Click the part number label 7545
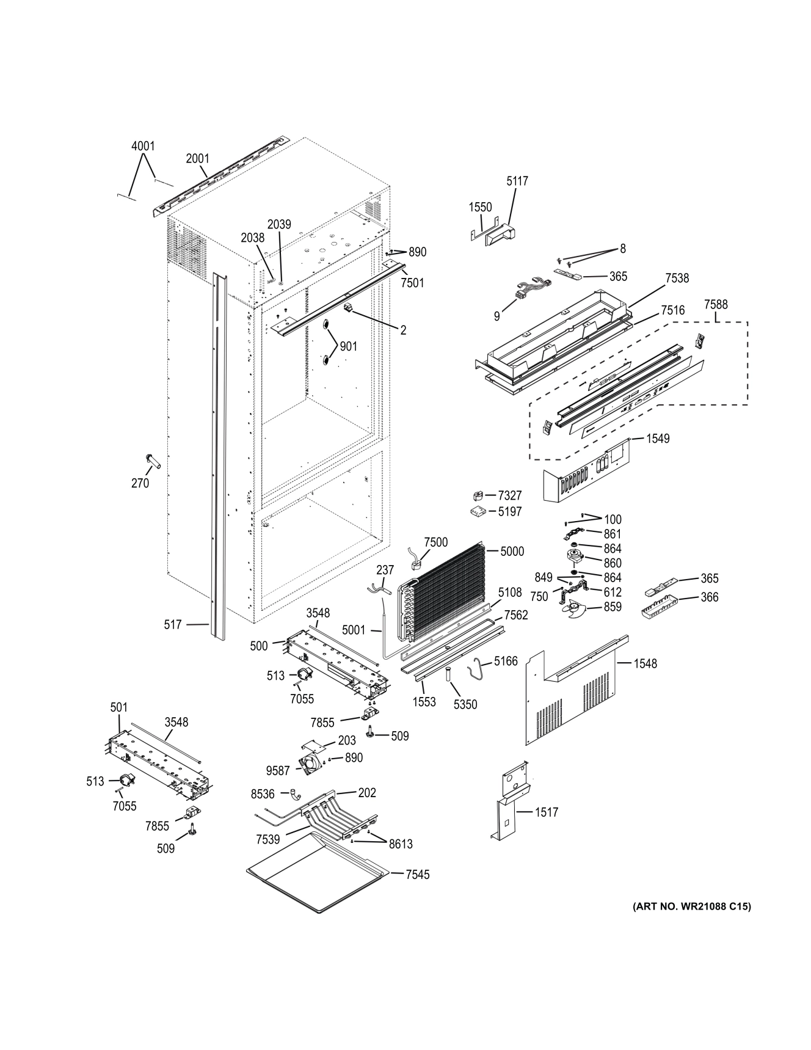(x=417, y=875)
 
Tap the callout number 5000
(x=512, y=551)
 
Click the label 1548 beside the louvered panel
(x=645, y=663)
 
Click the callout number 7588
(x=716, y=304)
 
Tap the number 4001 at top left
(x=143, y=146)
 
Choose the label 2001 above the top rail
(x=197, y=159)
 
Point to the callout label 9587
(x=278, y=771)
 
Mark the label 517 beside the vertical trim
(x=173, y=624)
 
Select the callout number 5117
(x=517, y=181)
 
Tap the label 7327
(x=509, y=495)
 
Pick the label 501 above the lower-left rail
(x=118, y=707)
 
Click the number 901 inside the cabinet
(x=348, y=347)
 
